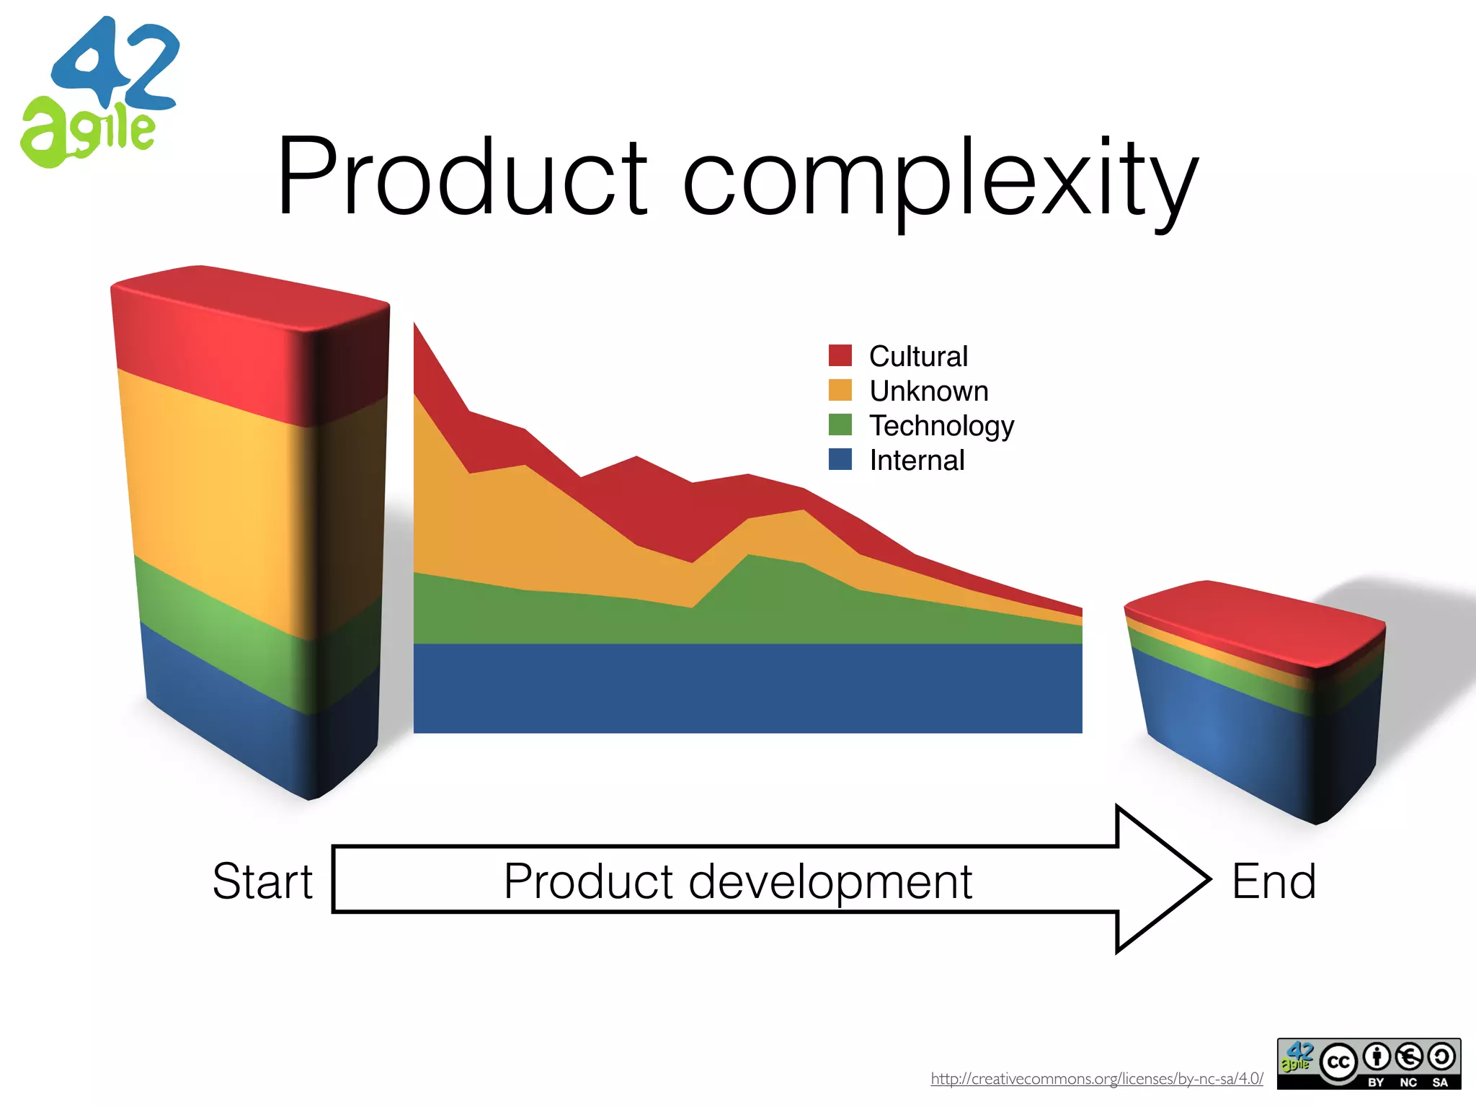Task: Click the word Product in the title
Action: [x=461, y=177]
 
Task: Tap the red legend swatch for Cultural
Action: [x=840, y=355]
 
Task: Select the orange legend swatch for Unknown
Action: [x=840, y=390]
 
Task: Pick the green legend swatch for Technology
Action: [x=840, y=424]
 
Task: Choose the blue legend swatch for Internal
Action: [x=840, y=459]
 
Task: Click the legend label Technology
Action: [x=941, y=425]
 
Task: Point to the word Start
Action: [x=262, y=881]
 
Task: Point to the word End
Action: [x=1273, y=881]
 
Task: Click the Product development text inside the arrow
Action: [x=737, y=881]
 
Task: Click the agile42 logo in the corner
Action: [x=97, y=94]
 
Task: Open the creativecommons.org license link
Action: [x=1096, y=1079]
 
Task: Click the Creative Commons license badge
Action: [x=1368, y=1063]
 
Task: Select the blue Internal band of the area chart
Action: [x=747, y=688]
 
